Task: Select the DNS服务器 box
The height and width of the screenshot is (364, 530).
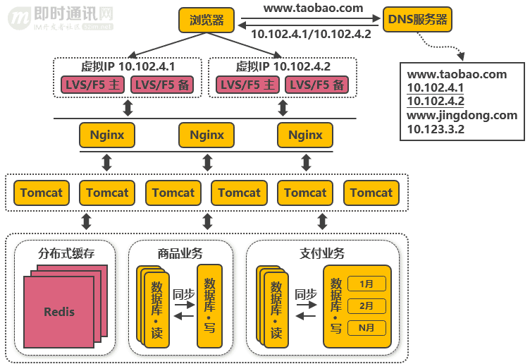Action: [418, 20]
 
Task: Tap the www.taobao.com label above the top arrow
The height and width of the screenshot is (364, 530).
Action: [313, 8]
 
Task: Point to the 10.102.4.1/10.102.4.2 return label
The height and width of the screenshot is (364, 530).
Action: [311, 34]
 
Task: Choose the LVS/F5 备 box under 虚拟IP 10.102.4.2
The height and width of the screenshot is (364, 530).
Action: [319, 85]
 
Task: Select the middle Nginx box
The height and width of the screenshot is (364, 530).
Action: [207, 135]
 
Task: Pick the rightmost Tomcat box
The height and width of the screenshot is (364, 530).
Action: [371, 193]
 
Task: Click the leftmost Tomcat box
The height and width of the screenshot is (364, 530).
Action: [41, 193]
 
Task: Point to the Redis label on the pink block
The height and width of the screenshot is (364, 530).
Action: [58, 311]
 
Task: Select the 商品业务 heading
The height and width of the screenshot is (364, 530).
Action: [180, 253]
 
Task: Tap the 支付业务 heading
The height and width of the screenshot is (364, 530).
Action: [322, 253]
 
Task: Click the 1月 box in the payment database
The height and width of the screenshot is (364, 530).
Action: [366, 284]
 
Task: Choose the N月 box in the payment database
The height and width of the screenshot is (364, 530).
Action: [366, 327]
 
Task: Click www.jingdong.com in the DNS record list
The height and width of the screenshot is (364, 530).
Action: [462, 115]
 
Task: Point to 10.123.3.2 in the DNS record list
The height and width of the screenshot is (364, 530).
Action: [436, 129]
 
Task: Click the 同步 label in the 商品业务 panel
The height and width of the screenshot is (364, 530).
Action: [183, 295]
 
